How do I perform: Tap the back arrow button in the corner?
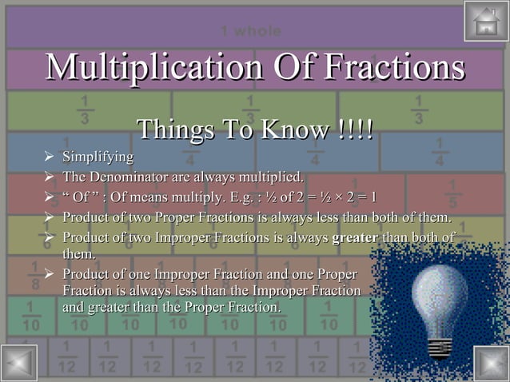click(x=19, y=363)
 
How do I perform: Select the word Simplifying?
click(x=98, y=155)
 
